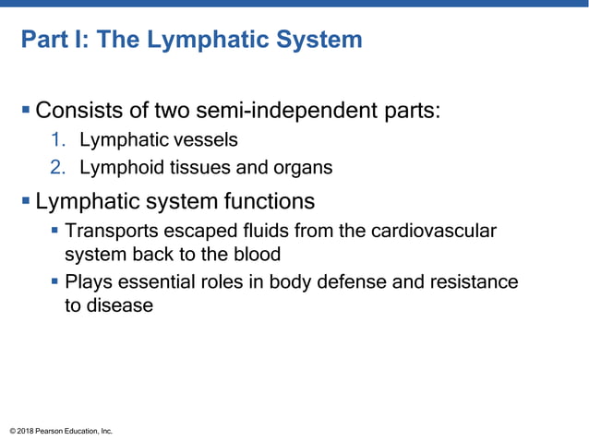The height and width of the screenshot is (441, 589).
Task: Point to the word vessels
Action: tap(208, 141)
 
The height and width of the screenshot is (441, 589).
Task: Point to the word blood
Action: tap(254, 254)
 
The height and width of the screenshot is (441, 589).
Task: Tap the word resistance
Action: tap(475, 281)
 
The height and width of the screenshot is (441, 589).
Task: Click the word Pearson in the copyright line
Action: tap(54, 430)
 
